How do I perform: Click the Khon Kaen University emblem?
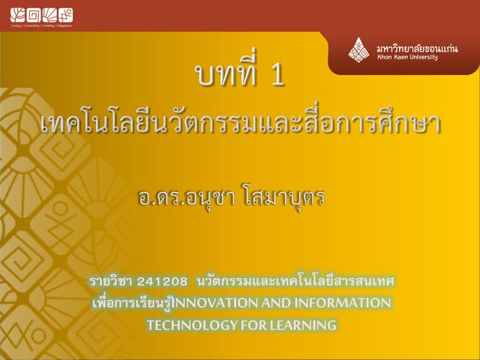(358, 50)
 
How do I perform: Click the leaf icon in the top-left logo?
(18, 14)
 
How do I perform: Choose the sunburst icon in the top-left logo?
(49, 14)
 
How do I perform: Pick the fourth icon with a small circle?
(65, 14)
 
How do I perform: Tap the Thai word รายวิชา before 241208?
(110, 281)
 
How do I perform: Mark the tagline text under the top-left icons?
(41, 25)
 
